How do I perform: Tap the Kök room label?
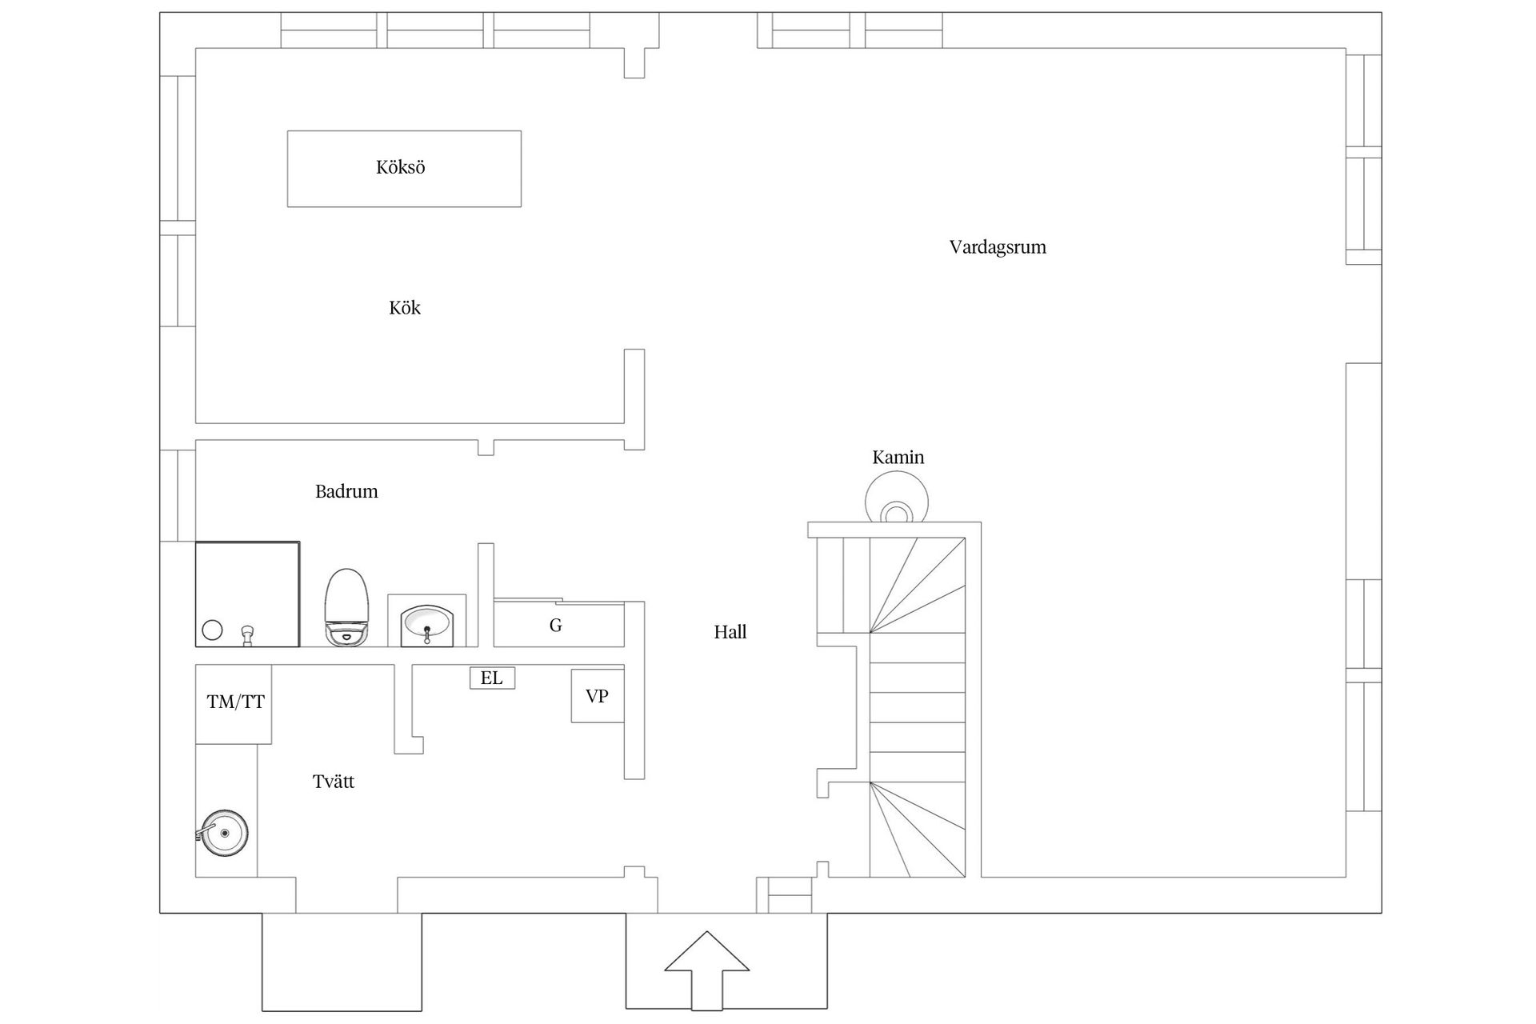[x=405, y=308]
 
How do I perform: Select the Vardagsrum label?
[x=998, y=247]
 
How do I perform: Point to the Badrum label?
[x=346, y=491]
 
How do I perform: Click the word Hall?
[x=730, y=632]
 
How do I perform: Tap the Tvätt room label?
[x=334, y=782]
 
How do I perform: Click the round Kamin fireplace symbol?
[x=897, y=498]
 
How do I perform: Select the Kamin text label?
[x=898, y=458]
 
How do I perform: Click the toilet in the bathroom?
[x=347, y=607]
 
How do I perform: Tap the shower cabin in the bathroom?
[x=248, y=594]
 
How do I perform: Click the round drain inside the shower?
[x=212, y=630]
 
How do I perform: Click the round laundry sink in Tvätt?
[x=224, y=833]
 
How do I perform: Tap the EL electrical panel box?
[x=492, y=678]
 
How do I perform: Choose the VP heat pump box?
[x=597, y=696]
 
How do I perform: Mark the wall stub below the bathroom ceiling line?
[x=486, y=448]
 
